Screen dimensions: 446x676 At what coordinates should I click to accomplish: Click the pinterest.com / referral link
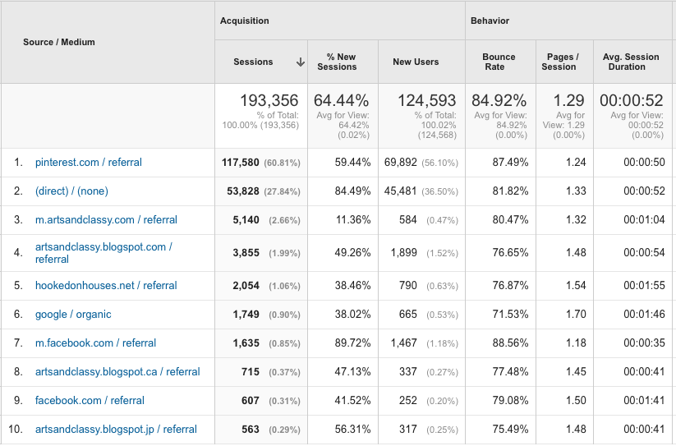[89, 163]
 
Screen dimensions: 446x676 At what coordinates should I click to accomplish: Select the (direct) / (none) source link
[71, 191]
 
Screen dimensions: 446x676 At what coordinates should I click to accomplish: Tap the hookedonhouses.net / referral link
[106, 286]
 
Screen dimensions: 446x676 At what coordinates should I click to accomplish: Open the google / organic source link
[73, 315]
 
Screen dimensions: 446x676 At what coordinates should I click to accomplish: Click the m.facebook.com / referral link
[95, 343]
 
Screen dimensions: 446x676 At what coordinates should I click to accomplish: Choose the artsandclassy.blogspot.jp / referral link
[116, 430]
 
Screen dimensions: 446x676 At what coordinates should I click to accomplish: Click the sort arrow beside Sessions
[301, 62]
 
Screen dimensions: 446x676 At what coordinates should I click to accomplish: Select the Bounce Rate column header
[499, 62]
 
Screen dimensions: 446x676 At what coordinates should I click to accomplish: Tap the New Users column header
[416, 62]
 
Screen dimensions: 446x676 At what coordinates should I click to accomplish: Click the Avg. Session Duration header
[631, 62]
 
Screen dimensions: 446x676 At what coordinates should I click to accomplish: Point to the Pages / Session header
[563, 62]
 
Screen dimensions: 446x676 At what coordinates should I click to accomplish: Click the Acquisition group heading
[245, 21]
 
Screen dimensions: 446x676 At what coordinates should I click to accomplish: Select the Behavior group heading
[490, 21]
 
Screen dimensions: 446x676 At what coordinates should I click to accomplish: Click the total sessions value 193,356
[269, 101]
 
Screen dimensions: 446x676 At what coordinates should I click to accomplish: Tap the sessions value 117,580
[241, 163]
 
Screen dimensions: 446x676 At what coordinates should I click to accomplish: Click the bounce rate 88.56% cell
[509, 343]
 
